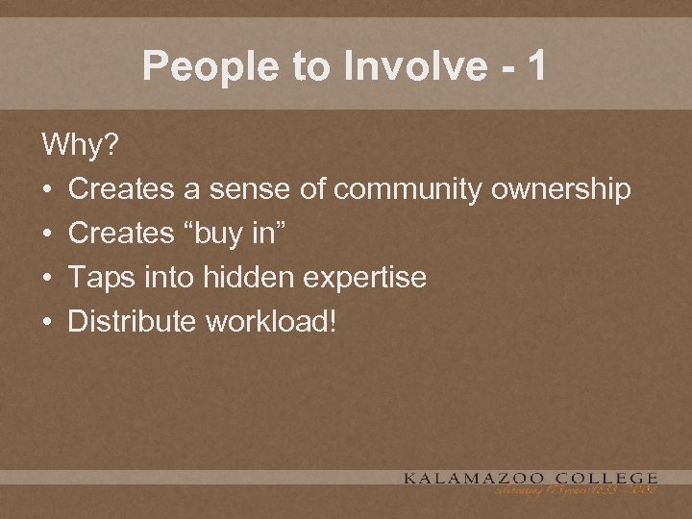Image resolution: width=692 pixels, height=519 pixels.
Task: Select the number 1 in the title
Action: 536,66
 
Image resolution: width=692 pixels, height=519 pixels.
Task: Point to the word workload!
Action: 271,321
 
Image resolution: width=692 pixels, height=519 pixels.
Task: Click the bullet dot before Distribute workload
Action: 47,322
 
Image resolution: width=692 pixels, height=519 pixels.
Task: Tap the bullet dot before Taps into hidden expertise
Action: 47,279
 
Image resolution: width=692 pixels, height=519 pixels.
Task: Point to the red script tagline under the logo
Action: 576,491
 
